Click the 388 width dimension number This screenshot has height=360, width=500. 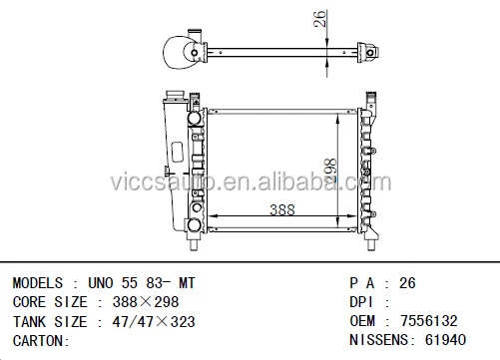click(282, 209)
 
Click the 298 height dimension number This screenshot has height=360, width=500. click(330, 171)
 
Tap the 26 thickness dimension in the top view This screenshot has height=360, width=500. click(319, 19)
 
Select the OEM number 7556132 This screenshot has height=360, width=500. click(429, 321)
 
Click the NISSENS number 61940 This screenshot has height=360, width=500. click(445, 340)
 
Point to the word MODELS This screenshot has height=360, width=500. click(38, 283)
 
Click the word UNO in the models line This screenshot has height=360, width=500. click(101, 283)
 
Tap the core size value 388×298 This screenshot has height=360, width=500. click(146, 302)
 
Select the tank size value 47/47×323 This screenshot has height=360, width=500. click(154, 322)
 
